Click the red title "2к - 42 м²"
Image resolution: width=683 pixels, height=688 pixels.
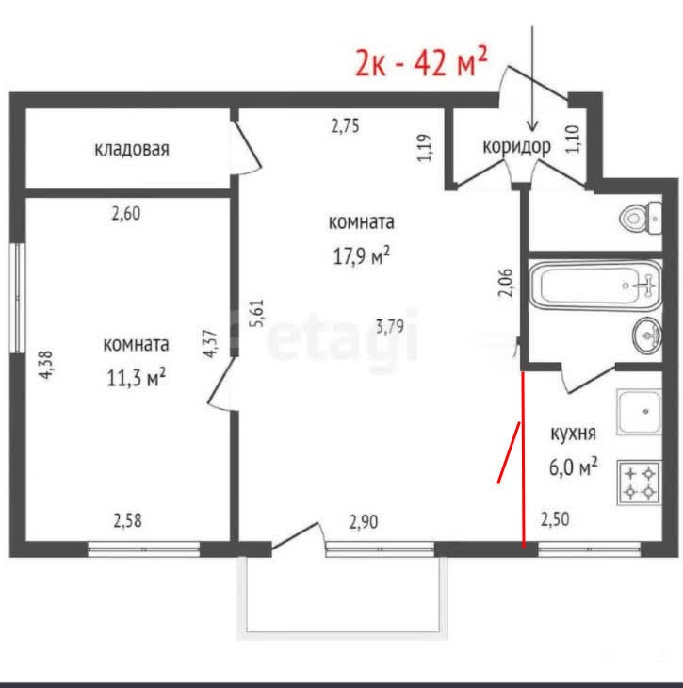tap(421, 62)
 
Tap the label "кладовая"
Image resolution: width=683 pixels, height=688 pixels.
tap(132, 149)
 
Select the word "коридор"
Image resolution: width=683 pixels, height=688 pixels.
tap(517, 146)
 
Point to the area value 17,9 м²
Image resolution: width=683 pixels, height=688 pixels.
tap(362, 255)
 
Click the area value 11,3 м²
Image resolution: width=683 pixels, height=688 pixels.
tap(136, 377)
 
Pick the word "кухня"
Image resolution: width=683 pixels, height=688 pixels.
tap(574, 434)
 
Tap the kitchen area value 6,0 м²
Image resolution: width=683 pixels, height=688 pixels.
tap(573, 467)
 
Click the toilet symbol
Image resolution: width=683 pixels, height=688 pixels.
tap(641, 218)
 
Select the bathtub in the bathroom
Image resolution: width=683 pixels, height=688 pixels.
tap(595, 286)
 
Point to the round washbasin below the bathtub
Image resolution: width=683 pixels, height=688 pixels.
tap(647, 335)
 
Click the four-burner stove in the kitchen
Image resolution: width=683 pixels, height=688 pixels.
tap(639, 483)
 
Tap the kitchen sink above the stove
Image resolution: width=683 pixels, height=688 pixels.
tap(639, 412)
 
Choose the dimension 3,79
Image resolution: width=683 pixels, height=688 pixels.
tap(390, 326)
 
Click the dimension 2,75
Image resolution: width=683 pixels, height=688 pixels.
tap(345, 126)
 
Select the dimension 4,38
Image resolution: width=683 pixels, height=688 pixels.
tap(45, 364)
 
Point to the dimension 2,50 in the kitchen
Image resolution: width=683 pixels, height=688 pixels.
tap(555, 519)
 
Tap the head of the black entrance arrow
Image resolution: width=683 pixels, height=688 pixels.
tap(532, 126)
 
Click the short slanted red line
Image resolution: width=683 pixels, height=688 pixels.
tap(509, 452)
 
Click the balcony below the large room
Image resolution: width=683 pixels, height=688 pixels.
tap(342, 598)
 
